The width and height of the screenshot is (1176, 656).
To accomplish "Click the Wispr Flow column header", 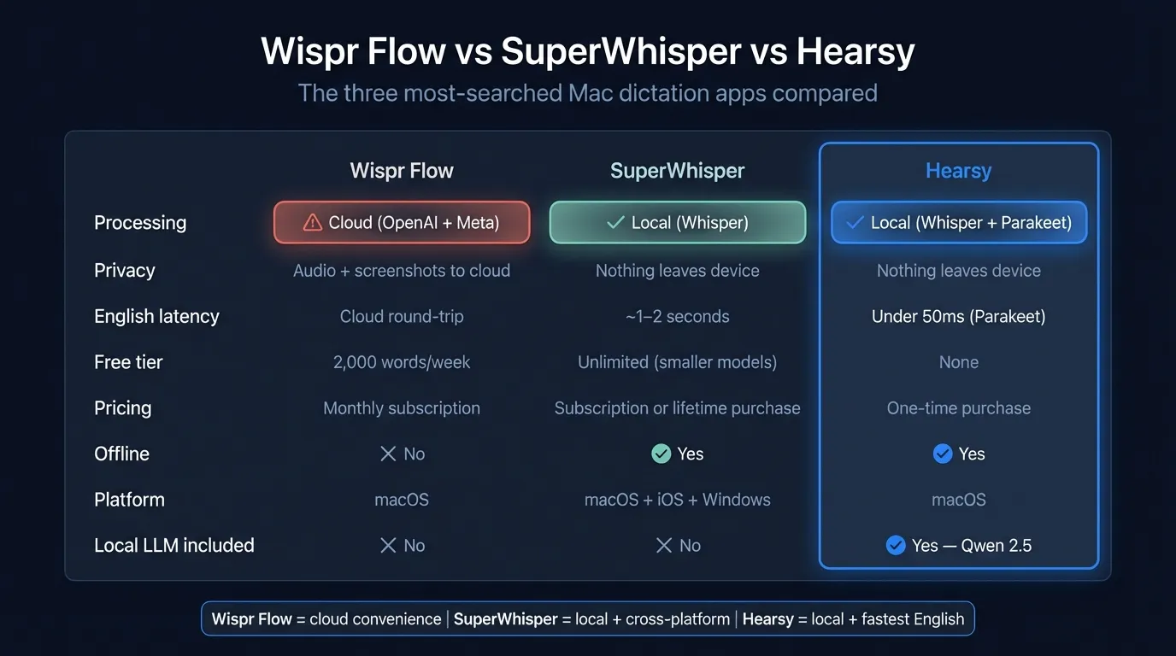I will pos(402,171).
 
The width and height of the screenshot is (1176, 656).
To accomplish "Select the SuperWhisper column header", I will pos(677,171).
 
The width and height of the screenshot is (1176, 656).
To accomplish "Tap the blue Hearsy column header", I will pos(958,171).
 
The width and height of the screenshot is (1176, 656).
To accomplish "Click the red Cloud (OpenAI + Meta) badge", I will pos(402,223).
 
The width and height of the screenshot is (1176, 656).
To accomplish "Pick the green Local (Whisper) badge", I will pos(677,223).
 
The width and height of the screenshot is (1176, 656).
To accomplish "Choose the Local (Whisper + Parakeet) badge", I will pos(958,223).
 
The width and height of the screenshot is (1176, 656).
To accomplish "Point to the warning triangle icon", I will pos(313,223).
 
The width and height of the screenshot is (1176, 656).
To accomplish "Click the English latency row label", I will pos(156,316).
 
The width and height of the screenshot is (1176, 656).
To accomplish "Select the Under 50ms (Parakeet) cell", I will pos(958,317).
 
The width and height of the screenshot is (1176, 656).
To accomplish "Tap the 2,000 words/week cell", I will pos(402,362).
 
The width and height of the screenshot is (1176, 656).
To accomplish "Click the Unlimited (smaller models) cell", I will pos(677,362).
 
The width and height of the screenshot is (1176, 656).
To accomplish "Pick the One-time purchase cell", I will pos(958,408).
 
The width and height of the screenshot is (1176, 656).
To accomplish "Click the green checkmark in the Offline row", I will pos(661,454).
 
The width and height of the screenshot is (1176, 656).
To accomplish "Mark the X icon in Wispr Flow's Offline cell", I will pos(388,454).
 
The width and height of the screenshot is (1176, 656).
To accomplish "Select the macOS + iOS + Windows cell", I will pos(677,500).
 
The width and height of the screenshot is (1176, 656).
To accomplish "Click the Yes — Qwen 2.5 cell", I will pos(958,546).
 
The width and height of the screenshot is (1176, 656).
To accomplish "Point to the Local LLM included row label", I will pos(174,546).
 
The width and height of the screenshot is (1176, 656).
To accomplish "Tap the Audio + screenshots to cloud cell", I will pos(402,271).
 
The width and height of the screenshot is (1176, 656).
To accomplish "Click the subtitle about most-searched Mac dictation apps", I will pos(587,92).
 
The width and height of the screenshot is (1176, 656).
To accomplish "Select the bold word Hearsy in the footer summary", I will pos(767,619).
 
